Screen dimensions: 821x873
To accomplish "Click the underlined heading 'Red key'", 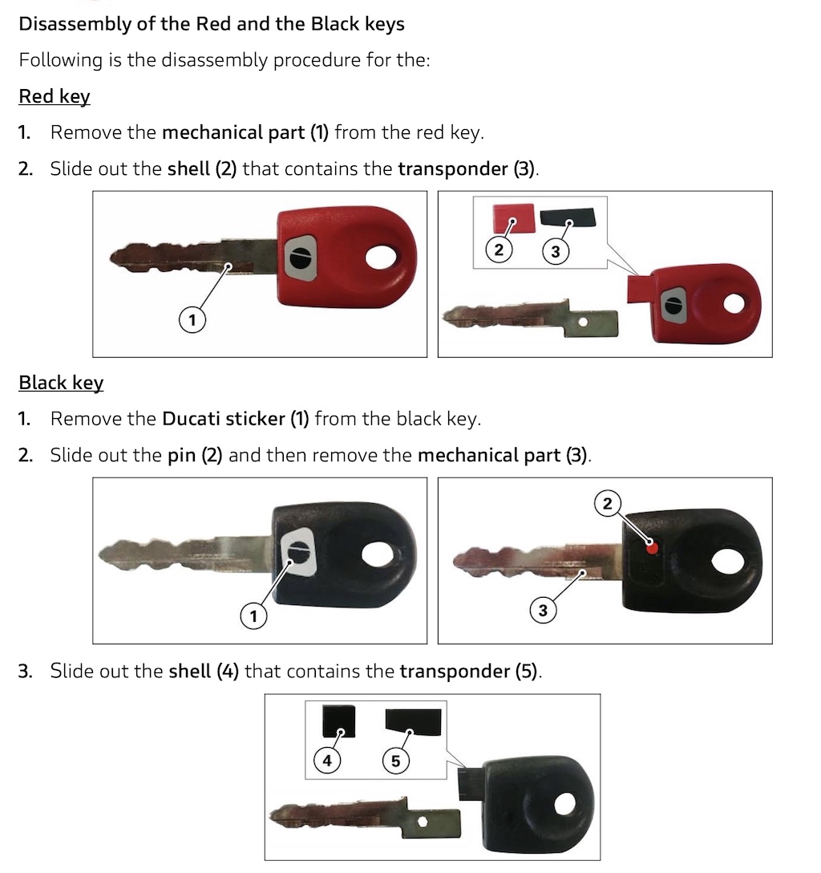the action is (54, 96).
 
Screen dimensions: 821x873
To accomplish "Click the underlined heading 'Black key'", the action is (61, 383).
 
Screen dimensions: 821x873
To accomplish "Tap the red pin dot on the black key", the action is (653, 548).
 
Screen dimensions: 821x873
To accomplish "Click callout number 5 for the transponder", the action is (395, 761).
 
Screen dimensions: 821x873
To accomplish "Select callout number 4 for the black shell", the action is (326, 761).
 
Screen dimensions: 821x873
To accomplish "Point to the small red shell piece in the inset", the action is (513, 217).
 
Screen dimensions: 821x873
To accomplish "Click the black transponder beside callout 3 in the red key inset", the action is (568, 217).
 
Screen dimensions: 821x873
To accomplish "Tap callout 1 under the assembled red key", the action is (192, 320).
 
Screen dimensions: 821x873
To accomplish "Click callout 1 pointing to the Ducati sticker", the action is (253, 616).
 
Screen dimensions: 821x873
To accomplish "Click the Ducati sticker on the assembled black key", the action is (299, 551).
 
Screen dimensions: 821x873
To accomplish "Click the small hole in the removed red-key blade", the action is (582, 322).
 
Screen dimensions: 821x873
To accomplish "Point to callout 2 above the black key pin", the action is (607, 503).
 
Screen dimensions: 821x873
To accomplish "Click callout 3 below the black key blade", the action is (543, 611).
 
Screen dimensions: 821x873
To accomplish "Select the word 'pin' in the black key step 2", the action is (181, 456).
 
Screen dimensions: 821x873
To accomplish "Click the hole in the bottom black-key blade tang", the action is (423, 822).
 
